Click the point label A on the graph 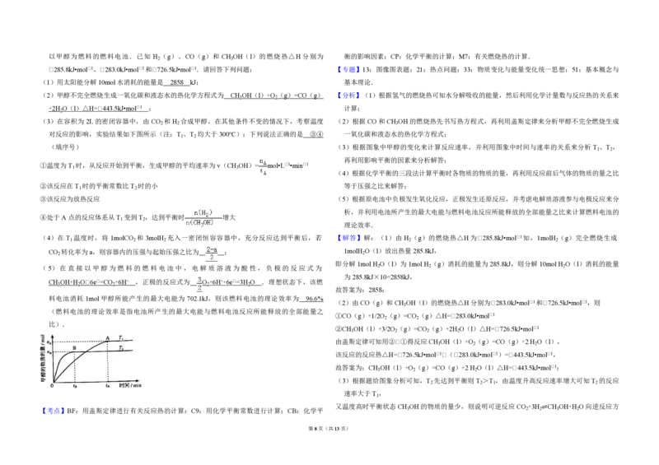click(108, 337)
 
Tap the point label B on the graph click(75, 348)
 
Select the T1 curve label click(121, 337)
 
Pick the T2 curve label click(121, 348)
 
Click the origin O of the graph click(52, 384)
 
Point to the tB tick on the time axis click(75, 386)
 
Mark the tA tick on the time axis click(107, 386)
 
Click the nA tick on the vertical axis click(49, 342)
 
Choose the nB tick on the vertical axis click(49, 352)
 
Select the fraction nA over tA click(264, 166)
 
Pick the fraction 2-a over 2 click(212, 253)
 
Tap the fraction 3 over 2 click(199, 283)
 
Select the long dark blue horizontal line click(507, 102)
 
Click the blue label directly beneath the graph click(53, 409)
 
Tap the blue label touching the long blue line click(348, 94)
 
